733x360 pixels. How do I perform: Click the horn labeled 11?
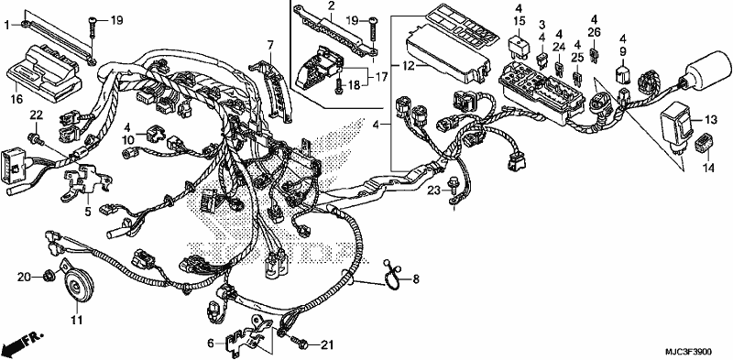[x=77, y=286]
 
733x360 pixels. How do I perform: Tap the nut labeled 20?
[x=48, y=278]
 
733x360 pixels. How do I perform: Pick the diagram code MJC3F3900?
[x=688, y=351]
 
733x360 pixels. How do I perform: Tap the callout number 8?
[x=415, y=279]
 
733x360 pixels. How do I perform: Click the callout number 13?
[x=711, y=121]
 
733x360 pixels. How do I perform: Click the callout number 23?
[x=434, y=191]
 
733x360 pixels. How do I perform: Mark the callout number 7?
[x=270, y=46]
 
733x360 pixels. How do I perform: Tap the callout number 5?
[x=87, y=212]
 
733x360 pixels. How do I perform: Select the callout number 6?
[x=211, y=344]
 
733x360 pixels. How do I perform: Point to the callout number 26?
[x=594, y=32]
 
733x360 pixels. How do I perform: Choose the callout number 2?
[x=332, y=6]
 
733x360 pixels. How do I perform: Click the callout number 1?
[x=7, y=25]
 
